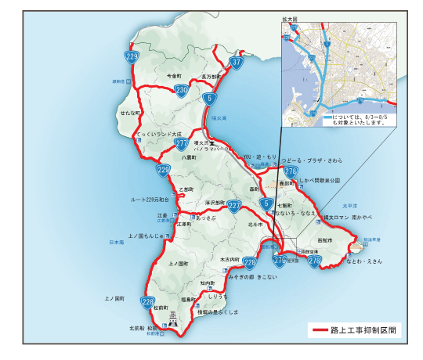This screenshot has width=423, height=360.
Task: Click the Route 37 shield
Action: coord(237,61)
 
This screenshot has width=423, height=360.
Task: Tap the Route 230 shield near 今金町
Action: coord(181,91)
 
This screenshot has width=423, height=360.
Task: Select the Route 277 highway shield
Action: coord(182,144)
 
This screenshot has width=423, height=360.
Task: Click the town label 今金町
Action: coord(174,77)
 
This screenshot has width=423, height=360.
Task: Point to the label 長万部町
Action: coord(212,77)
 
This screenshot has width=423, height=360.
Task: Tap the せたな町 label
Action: coord(129,114)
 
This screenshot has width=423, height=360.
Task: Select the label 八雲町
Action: coord(187,157)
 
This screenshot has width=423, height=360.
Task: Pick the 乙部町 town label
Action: coord(186,189)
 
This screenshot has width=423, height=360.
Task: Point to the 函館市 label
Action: coord(325,239)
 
